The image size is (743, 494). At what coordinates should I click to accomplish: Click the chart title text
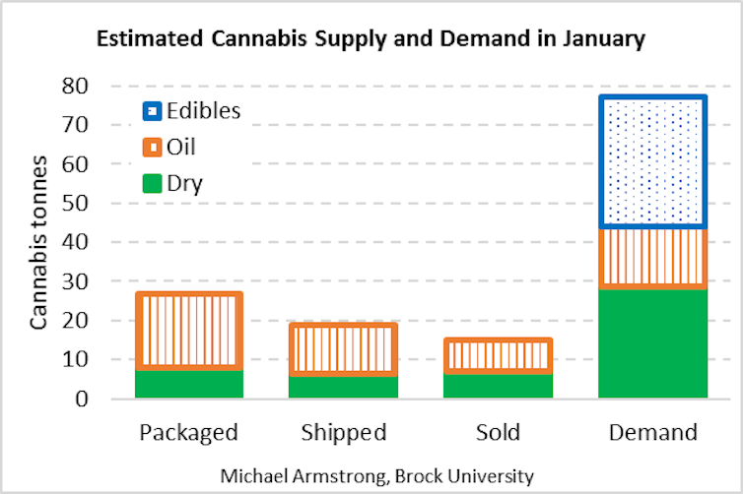[370, 40]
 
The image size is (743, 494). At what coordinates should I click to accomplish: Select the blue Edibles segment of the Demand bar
[653, 162]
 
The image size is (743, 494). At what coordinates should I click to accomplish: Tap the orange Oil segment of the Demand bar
[653, 258]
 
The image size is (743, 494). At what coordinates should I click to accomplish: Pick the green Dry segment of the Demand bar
[653, 342]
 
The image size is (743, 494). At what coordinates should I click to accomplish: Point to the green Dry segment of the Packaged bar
[188, 384]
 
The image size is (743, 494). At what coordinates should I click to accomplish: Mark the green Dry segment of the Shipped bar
[343, 387]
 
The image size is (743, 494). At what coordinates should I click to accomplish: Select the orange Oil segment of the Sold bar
[498, 355]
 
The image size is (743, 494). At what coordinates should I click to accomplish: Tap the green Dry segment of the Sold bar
[498, 385]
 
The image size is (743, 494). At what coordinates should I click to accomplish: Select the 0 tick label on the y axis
[109, 399]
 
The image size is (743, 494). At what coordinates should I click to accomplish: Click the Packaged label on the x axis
[188, 433]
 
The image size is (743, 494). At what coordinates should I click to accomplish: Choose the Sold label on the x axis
[498, 433]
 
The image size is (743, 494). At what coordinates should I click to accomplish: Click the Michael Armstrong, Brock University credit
[377, 476]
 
